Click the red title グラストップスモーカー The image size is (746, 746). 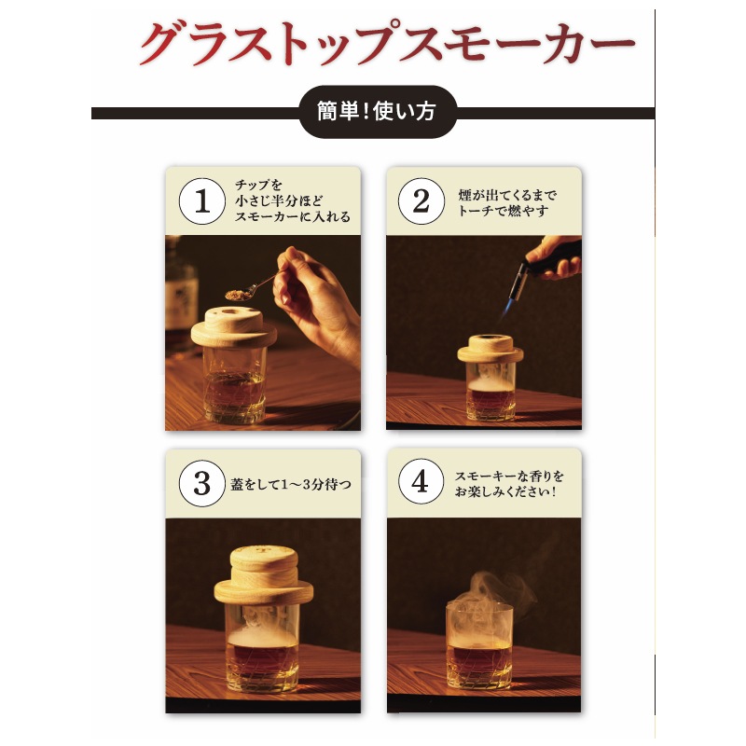387,43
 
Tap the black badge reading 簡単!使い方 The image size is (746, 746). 378,112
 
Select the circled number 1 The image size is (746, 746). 202,201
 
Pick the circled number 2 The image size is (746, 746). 421,201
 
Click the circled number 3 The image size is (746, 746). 202,483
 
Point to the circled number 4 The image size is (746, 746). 421,481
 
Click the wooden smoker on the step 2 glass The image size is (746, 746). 490,348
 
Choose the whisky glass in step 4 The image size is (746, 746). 480,646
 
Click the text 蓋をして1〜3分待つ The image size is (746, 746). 291,485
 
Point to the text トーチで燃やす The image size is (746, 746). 504,211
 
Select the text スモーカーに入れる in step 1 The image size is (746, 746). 293,216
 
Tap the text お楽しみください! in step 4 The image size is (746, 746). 505,491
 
